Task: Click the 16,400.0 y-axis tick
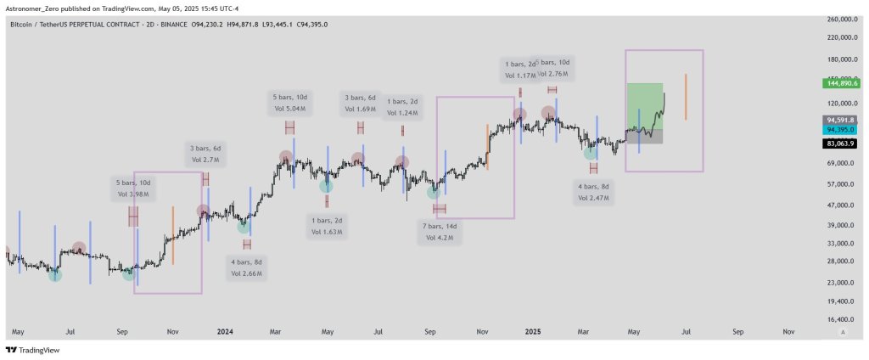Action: click(842, 319)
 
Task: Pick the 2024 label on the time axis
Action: click(225, 333)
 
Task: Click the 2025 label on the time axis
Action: click(533, 333)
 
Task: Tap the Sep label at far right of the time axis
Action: click(737, 333)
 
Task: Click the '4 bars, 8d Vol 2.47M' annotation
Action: click(593, 191)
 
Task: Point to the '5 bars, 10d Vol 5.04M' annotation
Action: click(290, 103)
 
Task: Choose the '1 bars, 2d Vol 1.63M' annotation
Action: click(327, 225)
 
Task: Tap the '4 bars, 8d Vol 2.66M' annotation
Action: click(247, 268)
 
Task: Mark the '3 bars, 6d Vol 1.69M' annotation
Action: click(362, 103)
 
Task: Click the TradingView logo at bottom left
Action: click(28, 350)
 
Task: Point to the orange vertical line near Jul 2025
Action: click(685, 96)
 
